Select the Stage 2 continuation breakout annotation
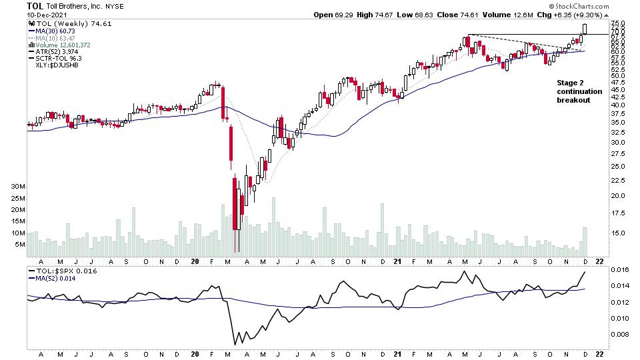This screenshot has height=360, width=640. tap(579, 91)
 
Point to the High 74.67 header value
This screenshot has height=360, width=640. tap(377, 15)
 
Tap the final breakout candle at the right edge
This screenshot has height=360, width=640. tap(585, 29)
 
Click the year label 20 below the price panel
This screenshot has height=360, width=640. tap(194, 261)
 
